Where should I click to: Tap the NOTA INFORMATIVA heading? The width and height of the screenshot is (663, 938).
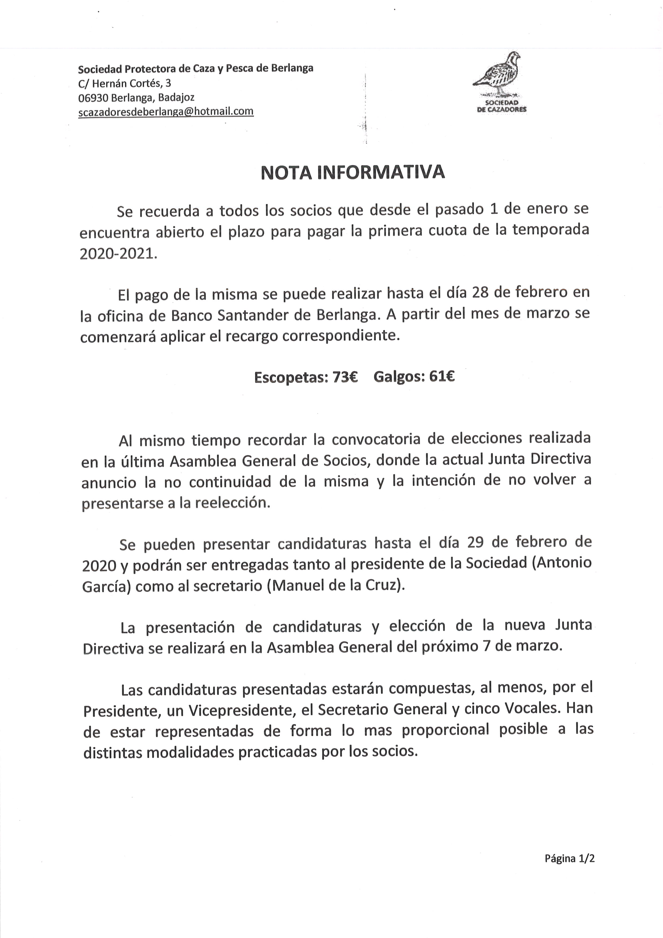(352, 173)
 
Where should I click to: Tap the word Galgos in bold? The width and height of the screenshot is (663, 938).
(398, 376)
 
